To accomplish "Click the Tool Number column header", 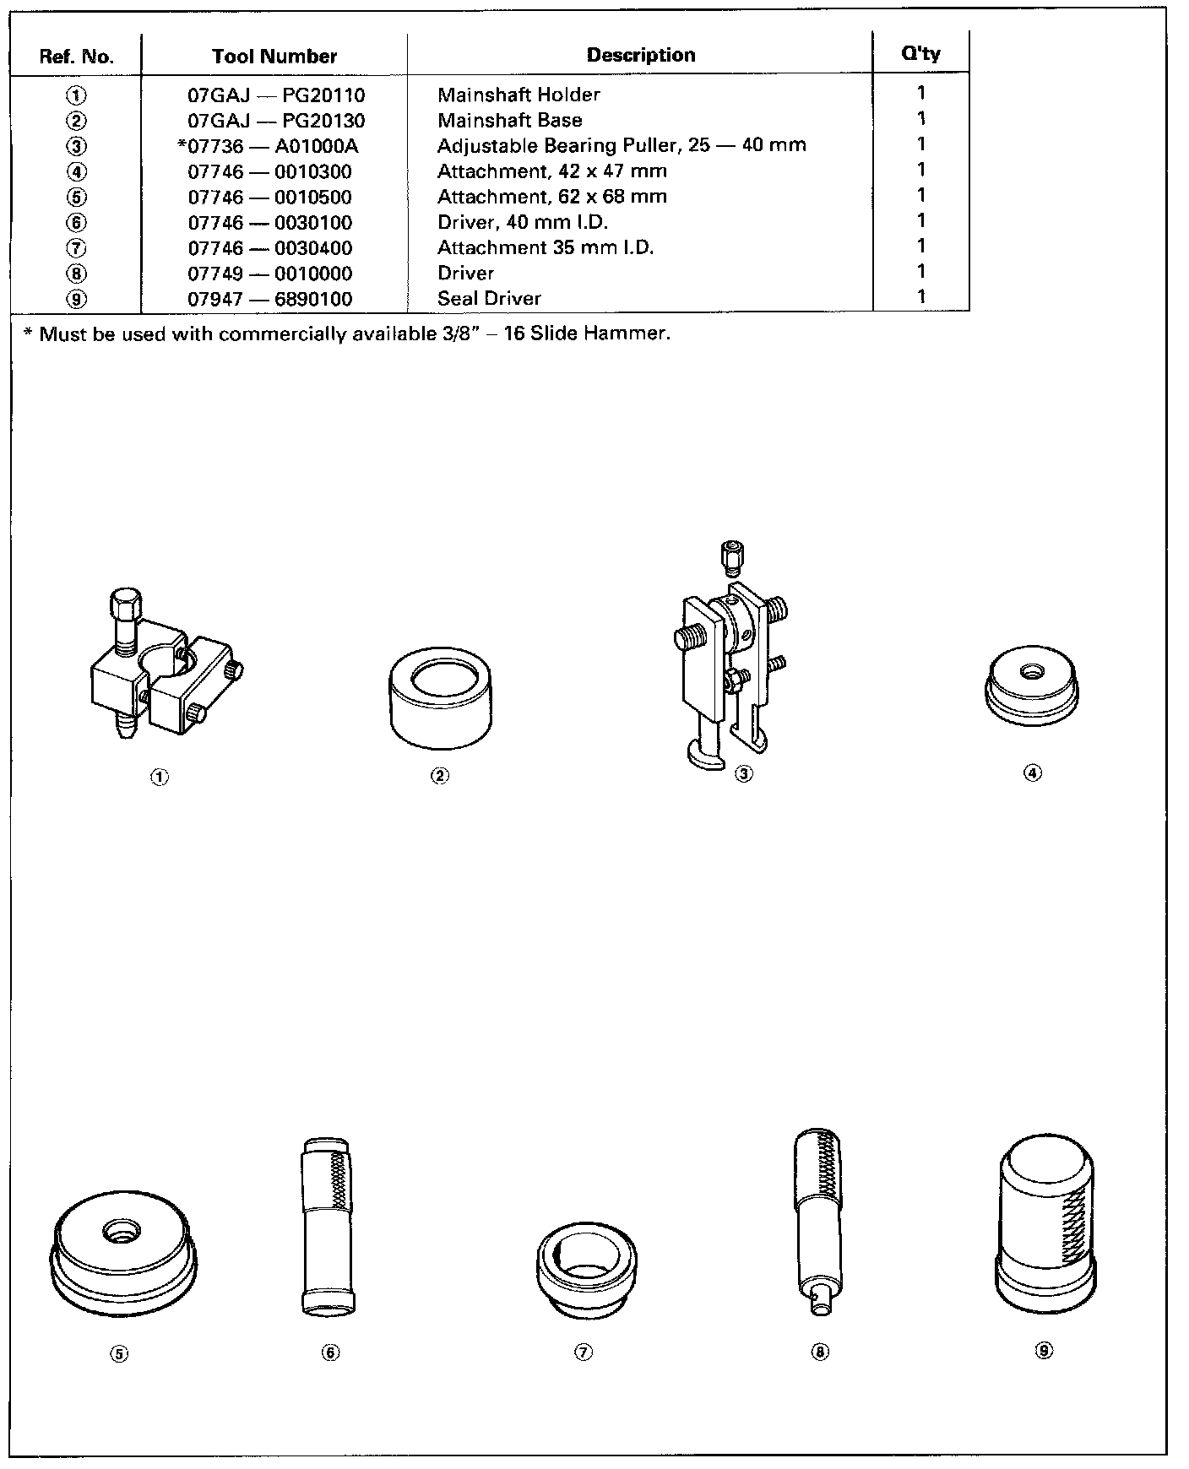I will pyautogui.click(x=274, y=57).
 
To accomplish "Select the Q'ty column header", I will pyautogui.click(x=920, y=54).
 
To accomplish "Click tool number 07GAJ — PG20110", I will pyautogui.click(x=276, y=95).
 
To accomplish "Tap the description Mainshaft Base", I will pyautogui.click(x=509, y=120).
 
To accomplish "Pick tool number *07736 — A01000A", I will pyautogui.click(x=268, y=146).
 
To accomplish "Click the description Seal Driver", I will pyautogui.click(x=489, y=298).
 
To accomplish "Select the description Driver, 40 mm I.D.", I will pyautogui.click(x=522, y=222).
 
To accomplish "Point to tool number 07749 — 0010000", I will pyautogui.click(x=269, y=274).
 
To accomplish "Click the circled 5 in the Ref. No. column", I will pyautogui.click(x=76, y=198).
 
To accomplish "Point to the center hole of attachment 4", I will pyautogui.click(x=1030, y=671).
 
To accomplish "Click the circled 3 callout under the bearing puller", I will pyautogui.click(x=743, y=773).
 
